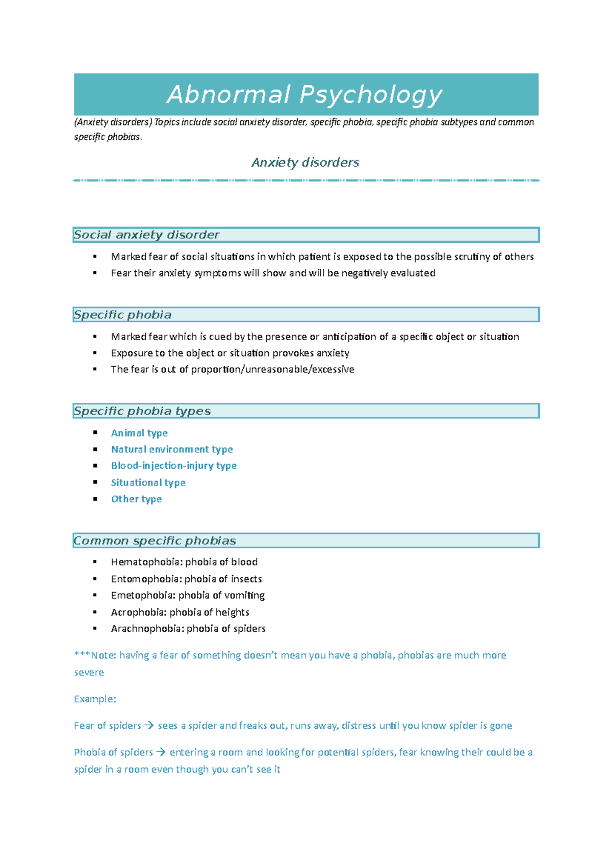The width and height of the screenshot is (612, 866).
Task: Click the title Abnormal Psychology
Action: pos(305,95)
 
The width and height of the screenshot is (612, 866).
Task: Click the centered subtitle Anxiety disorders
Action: pos(305,163)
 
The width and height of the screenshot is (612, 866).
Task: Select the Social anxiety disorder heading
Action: pos(146,235)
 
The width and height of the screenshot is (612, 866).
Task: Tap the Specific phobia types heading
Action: pos(142,411)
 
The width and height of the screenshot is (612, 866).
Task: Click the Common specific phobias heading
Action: pos(155,541)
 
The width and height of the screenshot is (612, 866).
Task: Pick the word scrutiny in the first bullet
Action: pos(472,257)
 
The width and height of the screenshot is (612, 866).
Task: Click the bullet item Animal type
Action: pos(139,433)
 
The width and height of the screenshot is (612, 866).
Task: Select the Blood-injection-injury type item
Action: pos(173,466)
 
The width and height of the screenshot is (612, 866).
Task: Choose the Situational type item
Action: pos(148,482)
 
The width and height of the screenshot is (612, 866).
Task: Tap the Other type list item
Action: pos(136,499)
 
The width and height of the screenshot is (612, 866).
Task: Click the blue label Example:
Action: pos(95,699)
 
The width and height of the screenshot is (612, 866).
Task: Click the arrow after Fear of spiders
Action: pos(149,725)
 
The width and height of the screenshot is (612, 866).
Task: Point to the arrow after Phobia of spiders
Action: pos(161,752)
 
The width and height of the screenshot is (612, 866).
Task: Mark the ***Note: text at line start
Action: pos(95,655)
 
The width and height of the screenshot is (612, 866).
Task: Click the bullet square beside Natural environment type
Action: pos(95,449)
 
